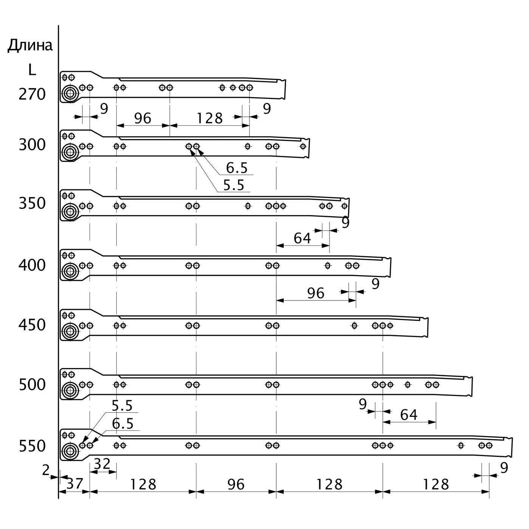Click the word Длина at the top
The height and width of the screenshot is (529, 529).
point(30,46)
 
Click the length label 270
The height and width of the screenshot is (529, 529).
point(32,94)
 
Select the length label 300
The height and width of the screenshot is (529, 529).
point(32,145)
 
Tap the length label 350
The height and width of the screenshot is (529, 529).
point(32,203)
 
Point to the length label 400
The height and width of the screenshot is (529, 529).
point(32,266)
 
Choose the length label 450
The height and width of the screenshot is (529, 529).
point(32,325)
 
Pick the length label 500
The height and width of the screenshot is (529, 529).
point(32,385)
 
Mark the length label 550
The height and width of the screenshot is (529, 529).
point(32,446)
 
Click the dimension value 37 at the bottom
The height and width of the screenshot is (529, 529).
point(74,484)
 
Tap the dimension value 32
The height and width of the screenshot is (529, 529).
point(102,464)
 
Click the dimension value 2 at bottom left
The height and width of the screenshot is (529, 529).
point(46,470)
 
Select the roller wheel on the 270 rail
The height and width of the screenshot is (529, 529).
point(70,94)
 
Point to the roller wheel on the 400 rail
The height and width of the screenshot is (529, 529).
point(70,271)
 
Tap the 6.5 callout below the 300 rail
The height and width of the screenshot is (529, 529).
point(237,168)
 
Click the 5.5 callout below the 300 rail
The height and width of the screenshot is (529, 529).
point(234,185)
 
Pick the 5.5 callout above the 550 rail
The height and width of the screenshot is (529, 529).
point(122,406)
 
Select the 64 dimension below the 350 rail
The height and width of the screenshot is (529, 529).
point(302,238)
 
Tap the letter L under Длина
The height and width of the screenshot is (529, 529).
point(32,70)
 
